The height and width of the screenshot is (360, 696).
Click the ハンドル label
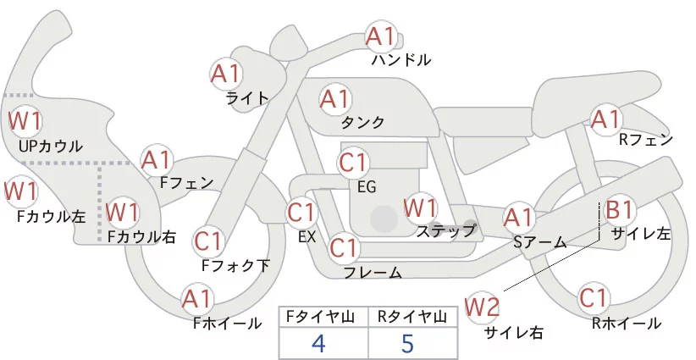point(401,60)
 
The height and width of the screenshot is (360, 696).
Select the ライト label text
point(247,97)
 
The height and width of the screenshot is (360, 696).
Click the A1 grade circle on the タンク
point(335,99)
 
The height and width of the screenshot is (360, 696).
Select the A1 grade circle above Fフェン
point(157,159)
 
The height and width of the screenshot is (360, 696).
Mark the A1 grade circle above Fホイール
point(198,299)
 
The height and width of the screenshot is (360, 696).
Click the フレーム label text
point(373,273)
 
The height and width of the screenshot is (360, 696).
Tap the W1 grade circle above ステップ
point(421,207)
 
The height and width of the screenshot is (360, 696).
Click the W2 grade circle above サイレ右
point(483,306)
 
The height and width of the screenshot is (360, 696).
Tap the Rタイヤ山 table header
point(412,317)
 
